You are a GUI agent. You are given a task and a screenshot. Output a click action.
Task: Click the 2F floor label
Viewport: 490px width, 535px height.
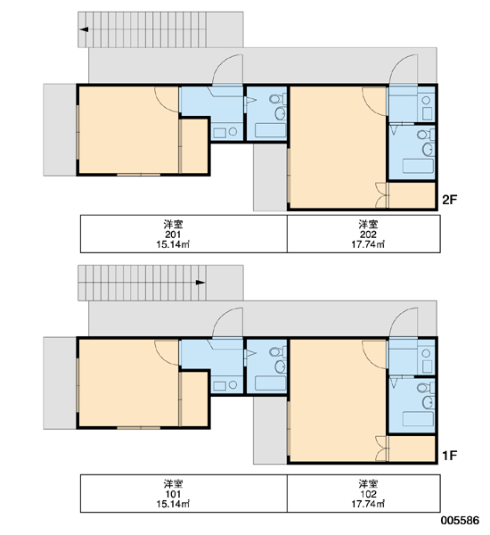pyautogui.click(x=449, y=200)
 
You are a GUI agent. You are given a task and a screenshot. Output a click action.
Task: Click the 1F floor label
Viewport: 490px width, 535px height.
pyautogui.click(x=449, y=456)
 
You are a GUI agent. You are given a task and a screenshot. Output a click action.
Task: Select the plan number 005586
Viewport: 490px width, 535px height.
pyautogui.click(x=460, y=521)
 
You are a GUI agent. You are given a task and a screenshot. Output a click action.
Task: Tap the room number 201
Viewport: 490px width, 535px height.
pyautogui.click(x=173, y=235)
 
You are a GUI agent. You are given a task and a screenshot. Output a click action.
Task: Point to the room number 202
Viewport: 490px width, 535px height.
pyautogui.click(x=368, y=235)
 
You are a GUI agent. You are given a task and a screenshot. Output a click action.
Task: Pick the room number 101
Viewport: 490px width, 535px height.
pyautogui.click(x=173, y=494)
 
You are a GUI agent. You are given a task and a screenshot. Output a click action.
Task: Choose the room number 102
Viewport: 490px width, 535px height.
pyautogui.click(x=368, y=494)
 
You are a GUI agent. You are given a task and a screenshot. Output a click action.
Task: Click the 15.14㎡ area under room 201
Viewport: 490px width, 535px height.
pyautogui.click(x=173, y=244)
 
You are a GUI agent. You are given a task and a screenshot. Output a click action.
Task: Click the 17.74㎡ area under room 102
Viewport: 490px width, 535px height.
pyautogui.click(x=368, y=504)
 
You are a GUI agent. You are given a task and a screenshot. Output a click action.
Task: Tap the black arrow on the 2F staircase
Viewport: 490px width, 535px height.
pyautogui.click(x=85, y=29)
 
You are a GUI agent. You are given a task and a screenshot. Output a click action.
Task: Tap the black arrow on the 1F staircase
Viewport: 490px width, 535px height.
pyautogui.click(x=200, y=282)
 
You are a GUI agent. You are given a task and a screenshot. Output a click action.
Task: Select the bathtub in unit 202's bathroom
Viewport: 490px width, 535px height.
pyautogui.click(x=418, y=166)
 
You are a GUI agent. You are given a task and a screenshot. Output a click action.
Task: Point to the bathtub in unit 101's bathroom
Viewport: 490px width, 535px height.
pyautogui.click(x=271, y=383)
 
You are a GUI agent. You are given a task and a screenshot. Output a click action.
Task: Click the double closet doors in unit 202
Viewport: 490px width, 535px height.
pyautogui.click(x=382, y=195)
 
